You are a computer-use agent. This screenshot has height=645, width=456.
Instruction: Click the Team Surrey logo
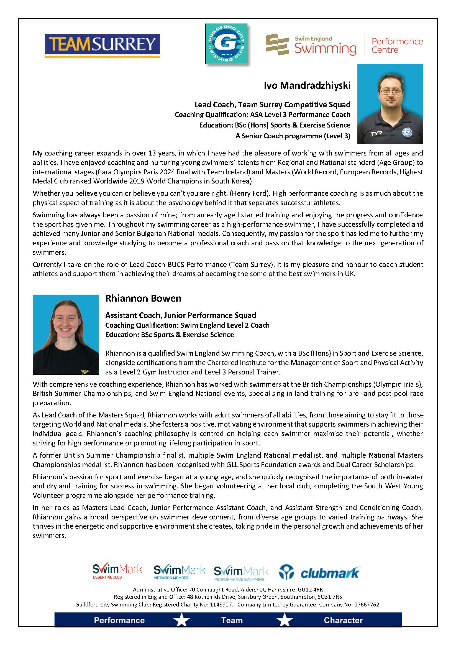103,45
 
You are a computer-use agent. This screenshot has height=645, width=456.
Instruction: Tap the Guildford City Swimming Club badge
226,44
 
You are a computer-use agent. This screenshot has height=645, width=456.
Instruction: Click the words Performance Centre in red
397,45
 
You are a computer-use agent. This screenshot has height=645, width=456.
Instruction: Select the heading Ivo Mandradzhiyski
307,85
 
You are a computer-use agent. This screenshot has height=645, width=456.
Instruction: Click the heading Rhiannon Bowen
143,298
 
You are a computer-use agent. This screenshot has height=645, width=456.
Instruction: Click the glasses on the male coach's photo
391,91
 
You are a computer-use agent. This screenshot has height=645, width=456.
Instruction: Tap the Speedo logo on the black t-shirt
85,371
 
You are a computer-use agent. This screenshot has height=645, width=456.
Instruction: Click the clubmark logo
319,572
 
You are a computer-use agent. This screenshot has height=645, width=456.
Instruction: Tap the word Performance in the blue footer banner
119,620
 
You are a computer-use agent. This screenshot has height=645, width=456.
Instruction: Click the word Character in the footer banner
343,620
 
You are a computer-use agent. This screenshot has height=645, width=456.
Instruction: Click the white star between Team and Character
285,620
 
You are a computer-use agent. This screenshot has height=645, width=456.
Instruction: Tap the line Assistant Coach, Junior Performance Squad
181,315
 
